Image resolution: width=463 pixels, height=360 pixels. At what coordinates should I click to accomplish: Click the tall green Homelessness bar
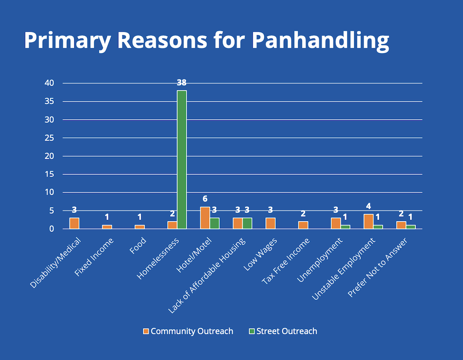point(182,159)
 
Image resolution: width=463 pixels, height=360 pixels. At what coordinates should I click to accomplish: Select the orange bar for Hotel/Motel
point(205,218)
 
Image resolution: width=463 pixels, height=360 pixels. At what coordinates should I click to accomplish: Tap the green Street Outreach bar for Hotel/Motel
point(214,223)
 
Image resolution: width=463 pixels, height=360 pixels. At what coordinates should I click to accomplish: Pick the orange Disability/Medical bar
point(74,223)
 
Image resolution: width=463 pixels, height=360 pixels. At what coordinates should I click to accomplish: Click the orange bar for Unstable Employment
point(368,221)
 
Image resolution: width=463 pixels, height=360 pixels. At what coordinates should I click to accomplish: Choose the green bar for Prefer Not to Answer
point(411,227)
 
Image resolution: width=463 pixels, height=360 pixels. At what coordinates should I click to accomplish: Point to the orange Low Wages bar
point(270,223)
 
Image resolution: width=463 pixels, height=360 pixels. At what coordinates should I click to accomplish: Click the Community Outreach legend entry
point(189,331)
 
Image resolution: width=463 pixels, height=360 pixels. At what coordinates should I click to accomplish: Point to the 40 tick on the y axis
point(49,83)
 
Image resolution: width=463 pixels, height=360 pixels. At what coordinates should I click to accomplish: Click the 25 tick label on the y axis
point(49,138)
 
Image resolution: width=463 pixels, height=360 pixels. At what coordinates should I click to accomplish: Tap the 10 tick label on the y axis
point(49,192)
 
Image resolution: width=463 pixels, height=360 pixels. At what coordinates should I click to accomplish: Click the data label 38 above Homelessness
point(182,83)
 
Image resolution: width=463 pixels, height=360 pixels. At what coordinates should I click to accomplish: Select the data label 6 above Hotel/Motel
point(205,199)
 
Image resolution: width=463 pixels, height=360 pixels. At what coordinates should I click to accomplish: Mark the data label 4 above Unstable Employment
point(368,206)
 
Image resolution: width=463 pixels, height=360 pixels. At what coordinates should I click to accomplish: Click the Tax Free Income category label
point(286,262)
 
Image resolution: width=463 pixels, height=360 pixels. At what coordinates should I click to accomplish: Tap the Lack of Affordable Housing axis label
point(208,275)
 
